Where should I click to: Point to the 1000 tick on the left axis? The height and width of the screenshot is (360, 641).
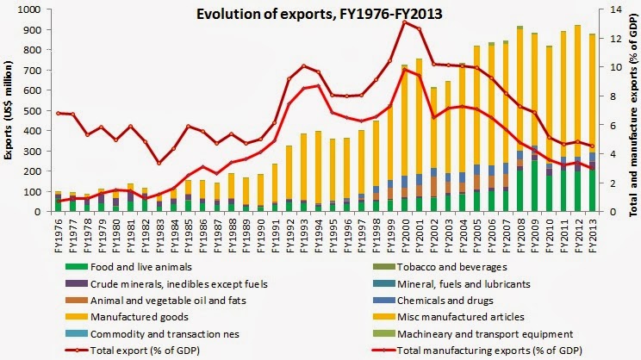[34, 9]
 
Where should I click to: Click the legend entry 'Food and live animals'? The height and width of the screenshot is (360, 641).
[152, 266]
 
